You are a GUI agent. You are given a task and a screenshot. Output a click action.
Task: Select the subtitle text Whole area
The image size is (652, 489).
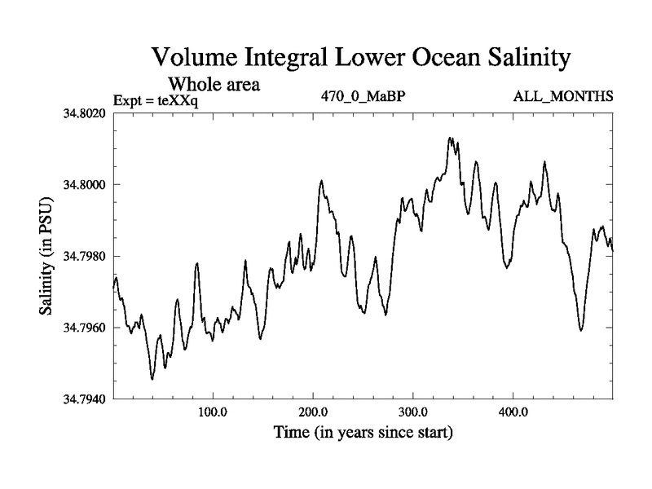click(214, 83)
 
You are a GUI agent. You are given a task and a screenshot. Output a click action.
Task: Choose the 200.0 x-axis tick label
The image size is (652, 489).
click(313, 410)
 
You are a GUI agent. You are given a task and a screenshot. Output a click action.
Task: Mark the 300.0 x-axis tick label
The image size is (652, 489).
click(413, 410)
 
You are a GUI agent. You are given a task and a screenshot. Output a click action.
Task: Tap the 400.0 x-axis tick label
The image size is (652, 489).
click(513, 410)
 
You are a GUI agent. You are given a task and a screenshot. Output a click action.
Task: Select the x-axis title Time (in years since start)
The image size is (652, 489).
click(363, 431)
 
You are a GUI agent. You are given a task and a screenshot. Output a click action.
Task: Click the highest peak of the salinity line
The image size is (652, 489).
click(450, 138)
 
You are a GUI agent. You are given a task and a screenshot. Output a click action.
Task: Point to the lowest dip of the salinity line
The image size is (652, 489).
click(152, 379)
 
